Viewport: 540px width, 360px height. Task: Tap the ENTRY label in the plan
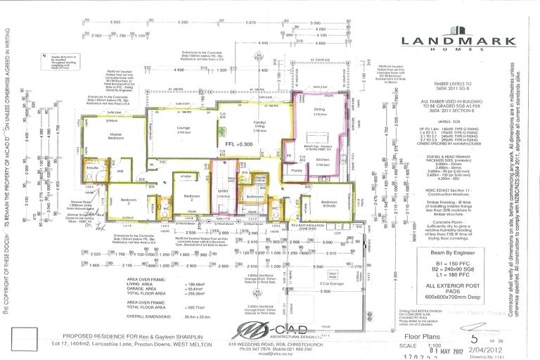coord(224,191)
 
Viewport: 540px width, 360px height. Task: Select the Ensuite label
coord(92,168)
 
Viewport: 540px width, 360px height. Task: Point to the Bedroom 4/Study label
coord(309,205)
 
